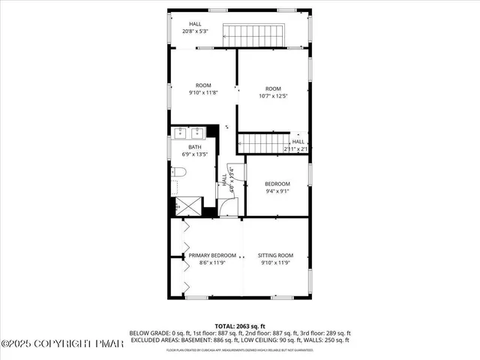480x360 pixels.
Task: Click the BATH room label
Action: (194, 147)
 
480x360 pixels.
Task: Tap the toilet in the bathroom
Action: (178, 173)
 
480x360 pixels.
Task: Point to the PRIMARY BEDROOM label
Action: (213, 255)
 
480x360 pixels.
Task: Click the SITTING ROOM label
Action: (277, 255)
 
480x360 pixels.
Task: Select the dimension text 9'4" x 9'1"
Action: (277, 191)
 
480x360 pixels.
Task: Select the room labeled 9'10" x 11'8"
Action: (203, 89)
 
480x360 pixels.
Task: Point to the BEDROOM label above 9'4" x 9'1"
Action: (277, 184)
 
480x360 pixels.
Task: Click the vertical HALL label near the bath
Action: (223, 181)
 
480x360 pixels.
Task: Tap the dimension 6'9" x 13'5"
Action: (194, 154)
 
